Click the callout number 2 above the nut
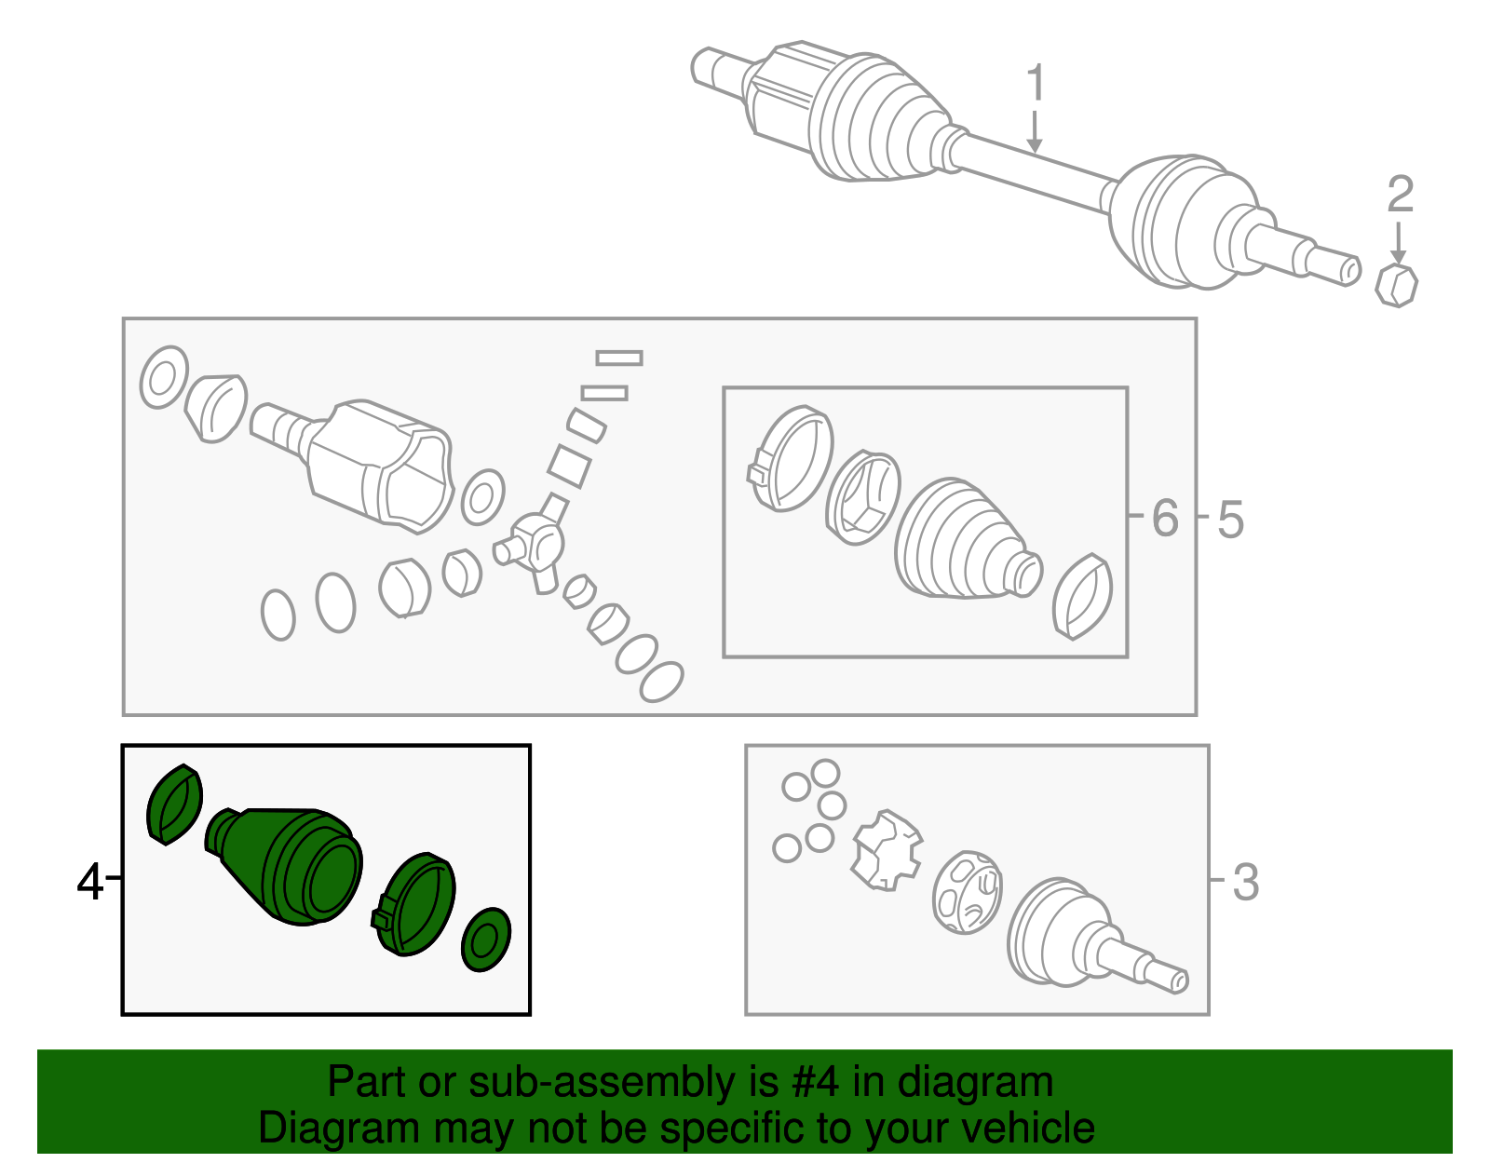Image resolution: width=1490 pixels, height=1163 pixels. pos(1400,196)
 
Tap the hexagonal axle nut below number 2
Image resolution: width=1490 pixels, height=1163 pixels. pos(1397,285)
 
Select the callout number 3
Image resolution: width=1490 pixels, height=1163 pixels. pos(1245,882)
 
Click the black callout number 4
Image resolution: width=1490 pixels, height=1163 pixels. pos(89,881)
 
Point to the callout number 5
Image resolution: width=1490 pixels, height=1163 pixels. pos(1230,520)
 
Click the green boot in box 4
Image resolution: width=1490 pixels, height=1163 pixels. pos(289,864)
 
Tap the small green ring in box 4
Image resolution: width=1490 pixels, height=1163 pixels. pos(486,940)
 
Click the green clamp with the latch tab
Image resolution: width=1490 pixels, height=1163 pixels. pos(414,904)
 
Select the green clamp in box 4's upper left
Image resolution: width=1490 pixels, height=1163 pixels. pos(174,804)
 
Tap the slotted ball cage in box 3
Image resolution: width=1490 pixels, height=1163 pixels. pos(968,892)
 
